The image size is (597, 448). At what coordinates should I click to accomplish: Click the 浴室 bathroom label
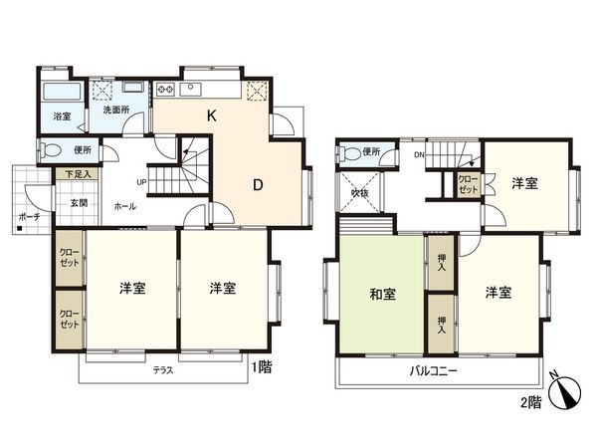pyautogui.click(x=62, y=116)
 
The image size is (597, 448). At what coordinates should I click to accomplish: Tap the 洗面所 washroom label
pyautogui.click(x=117, y=110)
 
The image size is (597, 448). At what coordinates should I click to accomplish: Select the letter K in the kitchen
pyautogui.click(x=211, y=115)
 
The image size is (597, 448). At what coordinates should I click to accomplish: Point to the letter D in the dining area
pyautogui.click(x=257, y=184)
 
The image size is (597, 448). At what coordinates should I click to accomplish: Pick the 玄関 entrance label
pyautogui.click(x=78, y=202)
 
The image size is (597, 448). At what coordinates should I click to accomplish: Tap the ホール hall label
pyautogui.click(x=125, y=206)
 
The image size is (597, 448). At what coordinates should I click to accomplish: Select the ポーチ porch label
pyautogui.click(x=28, y=215)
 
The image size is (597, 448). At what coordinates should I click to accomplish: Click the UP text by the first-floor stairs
pyautogui.click(x=142, y=182)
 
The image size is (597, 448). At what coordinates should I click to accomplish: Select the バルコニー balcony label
pyautogui.click(x=433, y=371)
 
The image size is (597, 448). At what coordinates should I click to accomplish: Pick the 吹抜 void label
pyautogui.click(x=358, y=192)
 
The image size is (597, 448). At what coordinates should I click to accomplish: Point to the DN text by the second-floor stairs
pyautogui.click(x=420, y=155)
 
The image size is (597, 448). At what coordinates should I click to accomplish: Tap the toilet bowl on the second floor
pyautogui.click(x=348, y=153)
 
